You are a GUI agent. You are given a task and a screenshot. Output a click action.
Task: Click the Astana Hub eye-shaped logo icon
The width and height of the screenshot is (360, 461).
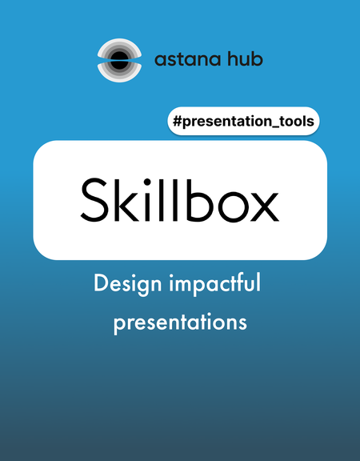119,60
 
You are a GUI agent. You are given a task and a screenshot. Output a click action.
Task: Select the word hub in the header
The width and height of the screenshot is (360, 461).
246,58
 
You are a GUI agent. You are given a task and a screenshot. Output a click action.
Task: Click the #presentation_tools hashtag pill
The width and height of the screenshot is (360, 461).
243,121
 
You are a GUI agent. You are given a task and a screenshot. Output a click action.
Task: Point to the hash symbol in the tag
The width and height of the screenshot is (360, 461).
178,121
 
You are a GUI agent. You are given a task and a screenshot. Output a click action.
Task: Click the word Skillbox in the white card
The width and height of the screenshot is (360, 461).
179,200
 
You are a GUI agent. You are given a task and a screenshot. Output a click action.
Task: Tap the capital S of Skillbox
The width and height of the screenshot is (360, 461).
94,200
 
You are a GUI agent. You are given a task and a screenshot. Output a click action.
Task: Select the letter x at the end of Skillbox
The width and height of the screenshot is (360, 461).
264,206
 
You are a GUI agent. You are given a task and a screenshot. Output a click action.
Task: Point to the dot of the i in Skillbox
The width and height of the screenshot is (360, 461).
147,182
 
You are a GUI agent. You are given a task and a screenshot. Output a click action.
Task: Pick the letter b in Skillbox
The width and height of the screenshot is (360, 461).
201,200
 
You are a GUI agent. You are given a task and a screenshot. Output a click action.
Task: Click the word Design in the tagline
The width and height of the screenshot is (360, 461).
127,283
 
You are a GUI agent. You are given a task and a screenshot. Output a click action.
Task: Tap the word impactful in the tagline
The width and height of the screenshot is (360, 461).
215,283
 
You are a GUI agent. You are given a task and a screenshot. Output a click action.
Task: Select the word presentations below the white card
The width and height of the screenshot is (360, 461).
180,323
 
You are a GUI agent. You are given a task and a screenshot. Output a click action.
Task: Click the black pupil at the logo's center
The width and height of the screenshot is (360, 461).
119,60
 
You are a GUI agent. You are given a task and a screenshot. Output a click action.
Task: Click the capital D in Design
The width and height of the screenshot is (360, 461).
101,283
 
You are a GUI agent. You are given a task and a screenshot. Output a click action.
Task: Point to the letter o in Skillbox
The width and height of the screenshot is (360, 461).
234,206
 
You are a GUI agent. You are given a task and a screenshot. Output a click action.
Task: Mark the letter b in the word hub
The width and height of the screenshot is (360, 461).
257,58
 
